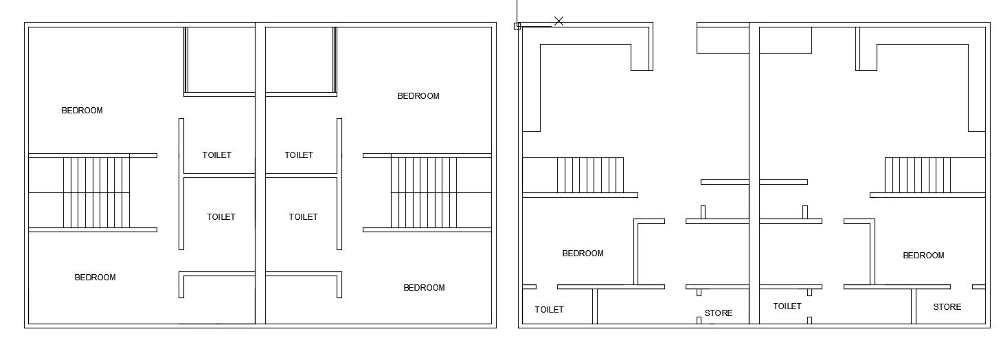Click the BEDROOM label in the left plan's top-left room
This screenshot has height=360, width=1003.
pos(82,111)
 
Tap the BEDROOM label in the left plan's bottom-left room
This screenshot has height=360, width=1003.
pos(95,278)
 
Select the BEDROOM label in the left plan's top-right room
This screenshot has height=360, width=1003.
pos(418,96)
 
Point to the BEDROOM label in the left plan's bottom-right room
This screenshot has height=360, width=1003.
pos(424,288)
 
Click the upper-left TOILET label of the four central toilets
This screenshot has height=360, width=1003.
pos(216,155)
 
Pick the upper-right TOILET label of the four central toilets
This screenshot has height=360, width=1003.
pos(299,155)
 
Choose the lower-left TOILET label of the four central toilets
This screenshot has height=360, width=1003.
pos(221,217)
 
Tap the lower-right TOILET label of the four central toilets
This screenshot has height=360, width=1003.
pos(303,217)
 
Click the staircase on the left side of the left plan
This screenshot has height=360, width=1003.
pos(96,192)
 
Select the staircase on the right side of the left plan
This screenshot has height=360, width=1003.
pos(424,192)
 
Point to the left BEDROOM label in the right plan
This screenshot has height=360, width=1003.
pos(583,254)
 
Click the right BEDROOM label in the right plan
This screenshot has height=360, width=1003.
pos(923,256)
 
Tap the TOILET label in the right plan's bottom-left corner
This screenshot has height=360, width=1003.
pos(549,310)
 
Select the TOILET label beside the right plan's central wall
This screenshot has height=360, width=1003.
pos(787,306)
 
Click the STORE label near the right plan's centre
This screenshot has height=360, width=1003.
pos(718,313)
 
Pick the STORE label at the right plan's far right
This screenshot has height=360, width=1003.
pos(947,307)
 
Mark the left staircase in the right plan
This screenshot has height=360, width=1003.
pos(590,175)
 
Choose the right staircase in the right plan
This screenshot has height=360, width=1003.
pos(917,175)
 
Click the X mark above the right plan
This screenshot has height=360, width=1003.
pos(559,21)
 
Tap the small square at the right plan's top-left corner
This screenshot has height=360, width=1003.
pos(517,26)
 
